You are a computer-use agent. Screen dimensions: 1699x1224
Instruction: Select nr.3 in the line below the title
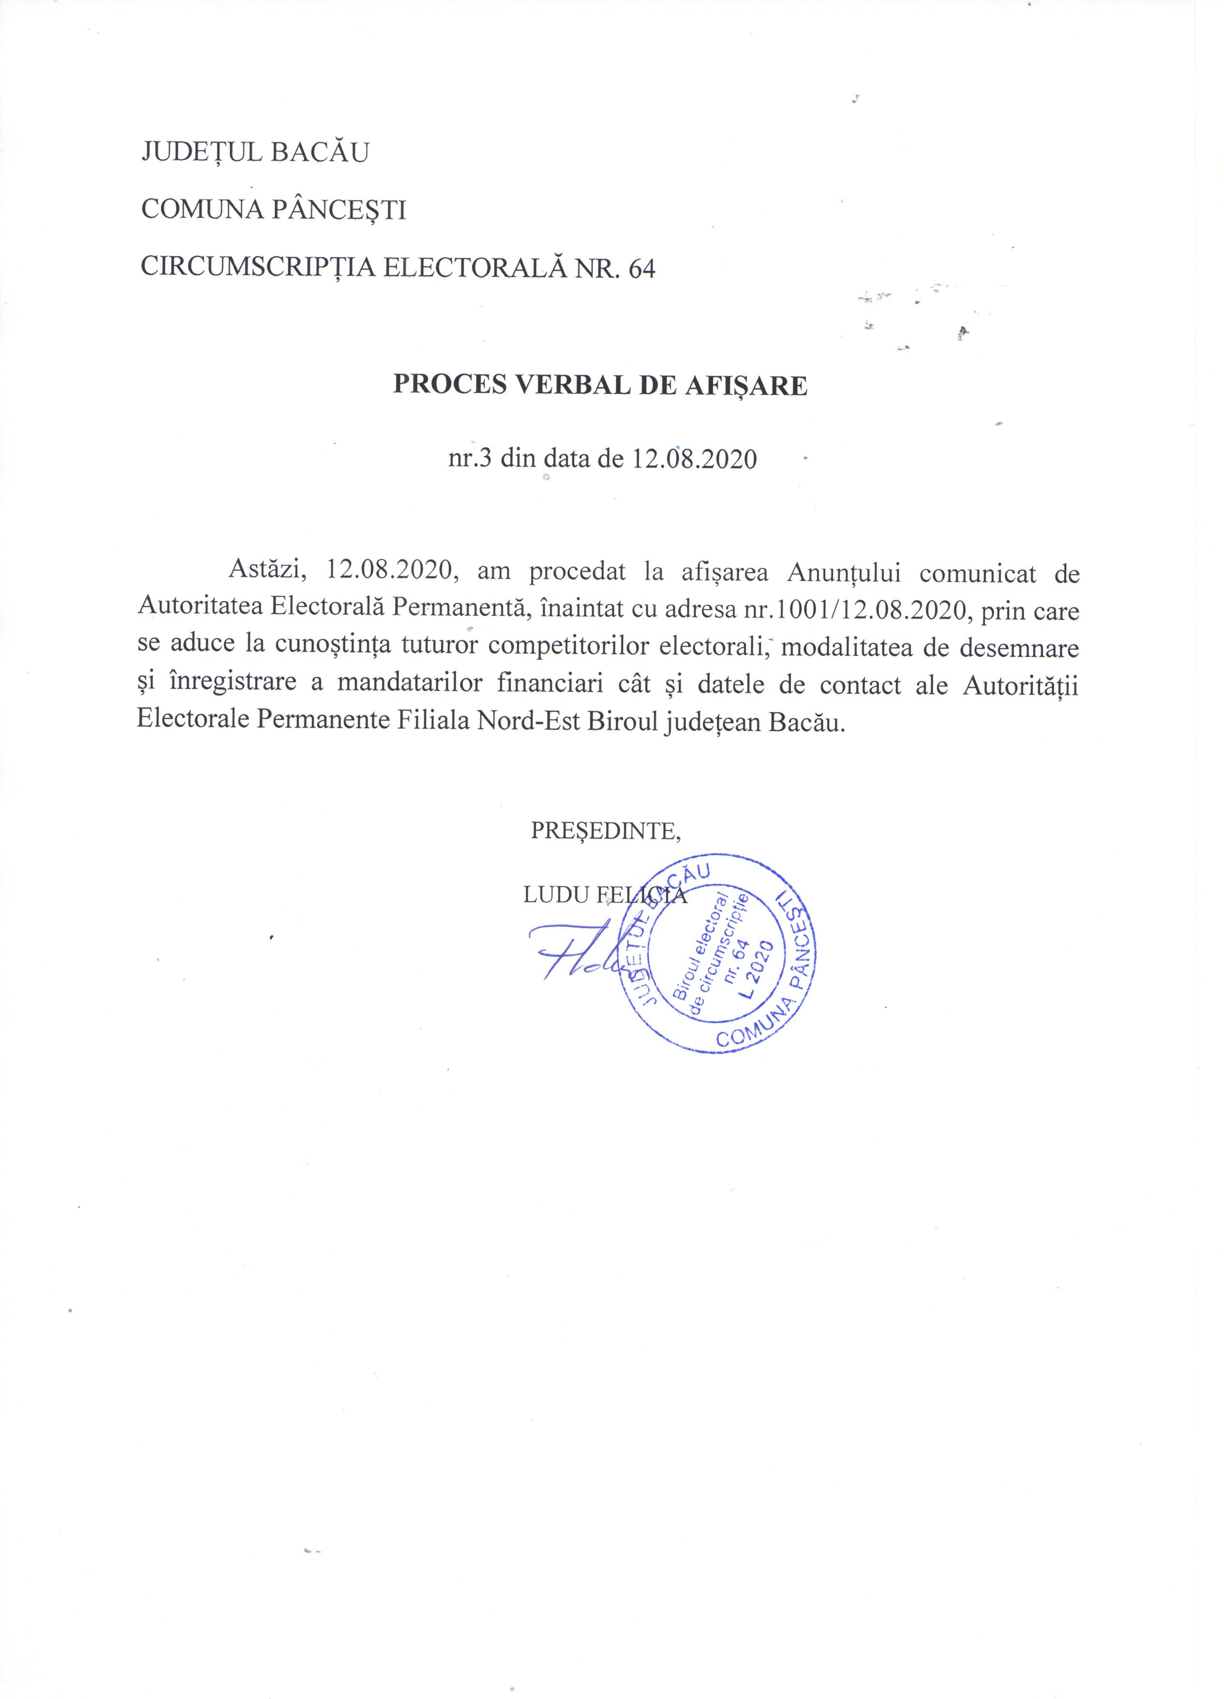click(x=469, y=458)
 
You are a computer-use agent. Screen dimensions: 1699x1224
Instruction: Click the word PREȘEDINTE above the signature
click(x=604, y=831)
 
